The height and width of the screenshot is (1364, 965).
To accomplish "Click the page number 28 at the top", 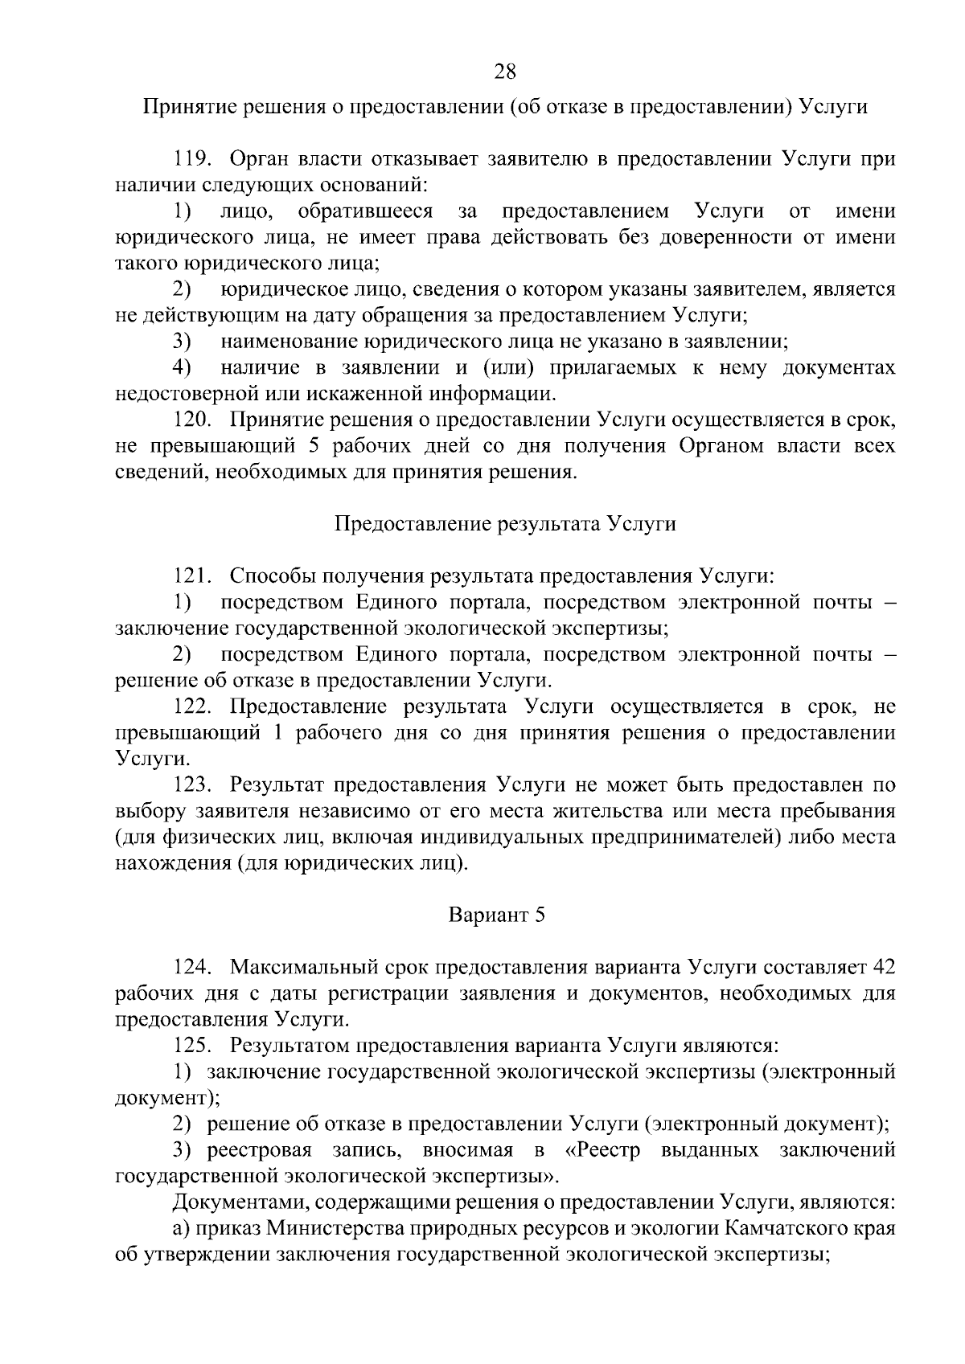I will [504, 72].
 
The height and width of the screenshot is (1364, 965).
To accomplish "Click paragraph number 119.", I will [193, 159].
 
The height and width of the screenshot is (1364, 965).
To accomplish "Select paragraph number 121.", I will [193, 576].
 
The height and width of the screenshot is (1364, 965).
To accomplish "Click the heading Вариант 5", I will [496, 915].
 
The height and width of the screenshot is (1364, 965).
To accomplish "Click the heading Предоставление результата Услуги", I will [504, 524].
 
